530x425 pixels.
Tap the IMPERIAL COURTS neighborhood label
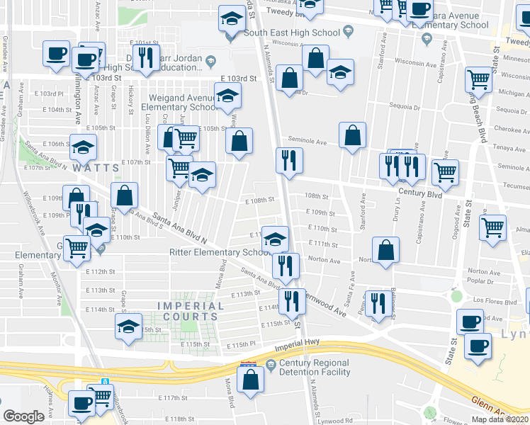[189, 311]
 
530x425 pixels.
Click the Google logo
[23, 416]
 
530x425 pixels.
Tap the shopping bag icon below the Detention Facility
[252, 380]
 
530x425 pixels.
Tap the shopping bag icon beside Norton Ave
[385, 251]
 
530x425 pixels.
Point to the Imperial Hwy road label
[305, 343]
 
